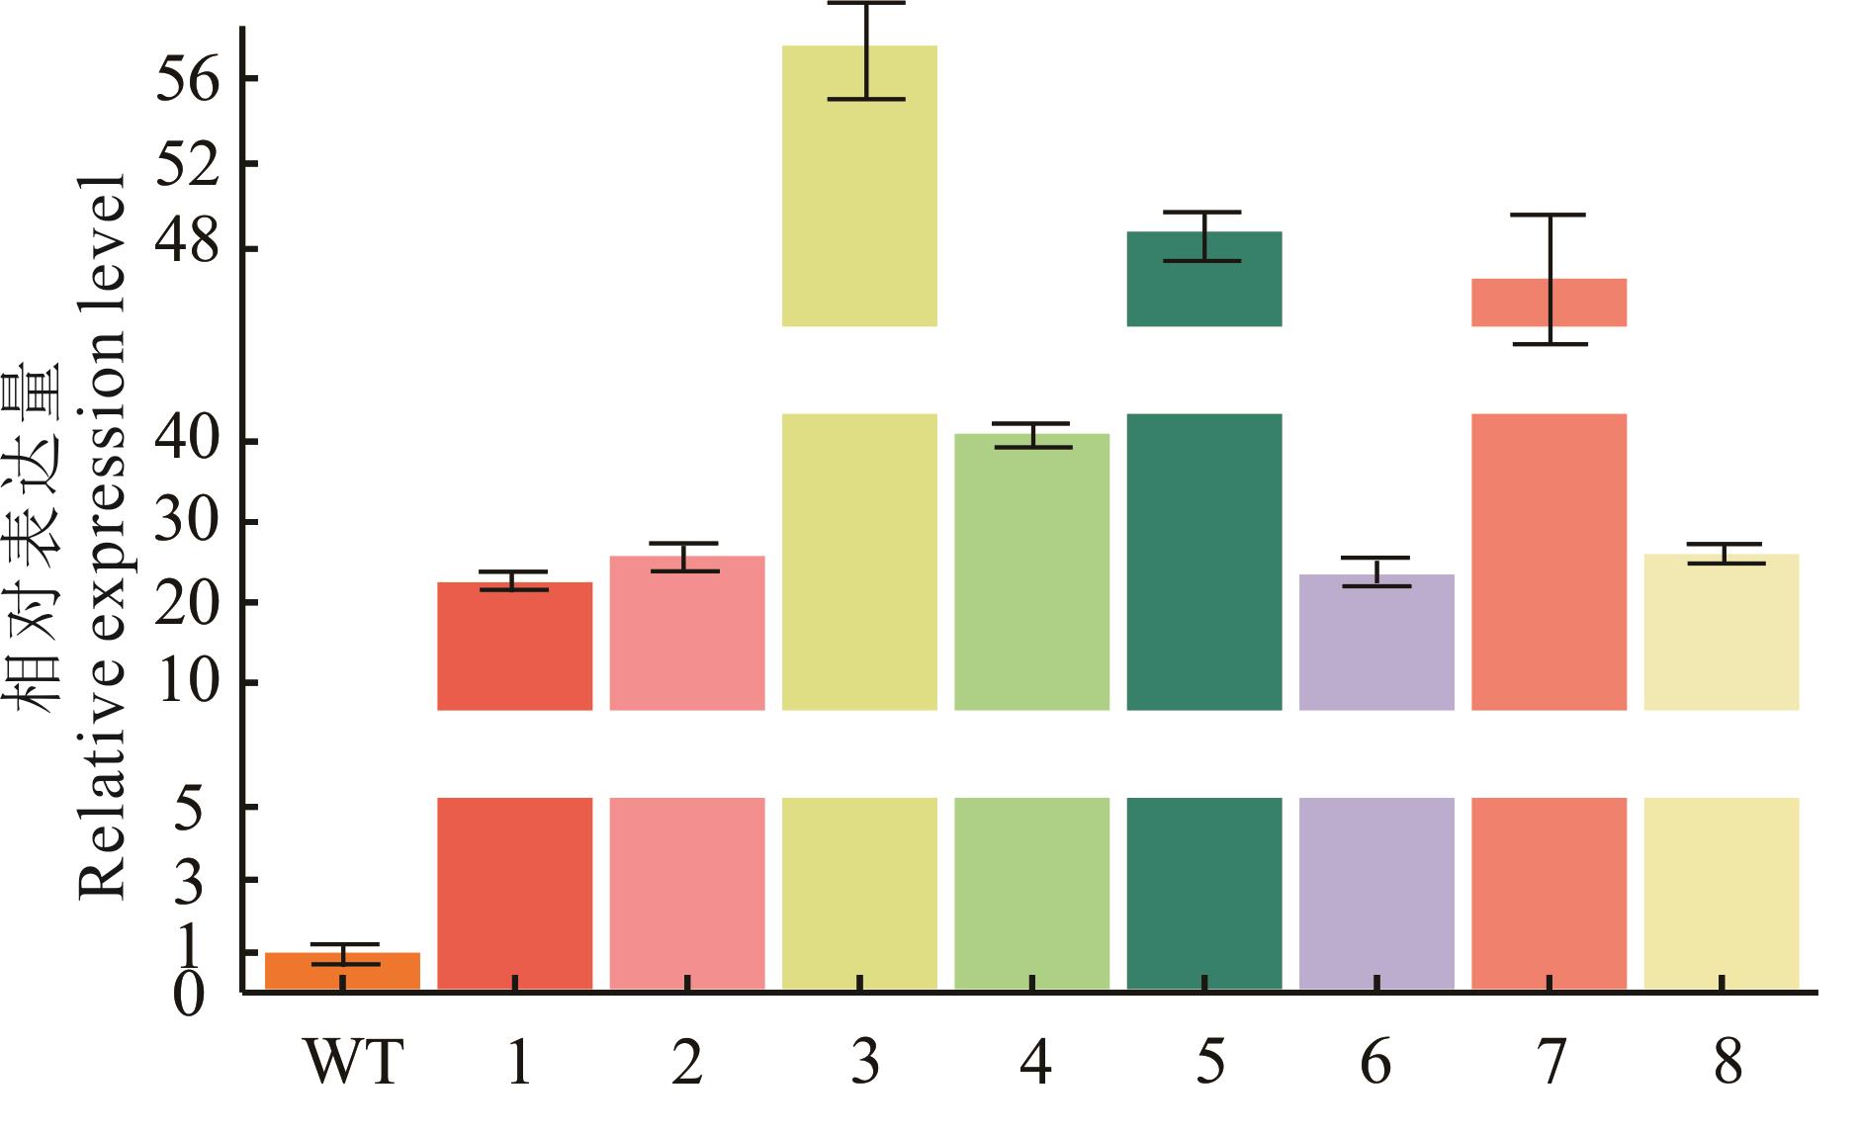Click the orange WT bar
click(x=342, y=971)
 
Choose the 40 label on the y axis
click(x=186, y=441)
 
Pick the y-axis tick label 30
click(x=186, y=522)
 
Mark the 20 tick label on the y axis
click(x=186, y=603)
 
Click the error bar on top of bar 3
click(x=866, y=51)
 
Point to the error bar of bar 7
click(x=1549, y=279)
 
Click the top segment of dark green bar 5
click(x=1204, y=279)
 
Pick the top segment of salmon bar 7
click(x=1549, y=303)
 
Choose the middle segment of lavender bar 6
click(x=1376, y=642)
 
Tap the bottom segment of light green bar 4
click(x=1031, y=893)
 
